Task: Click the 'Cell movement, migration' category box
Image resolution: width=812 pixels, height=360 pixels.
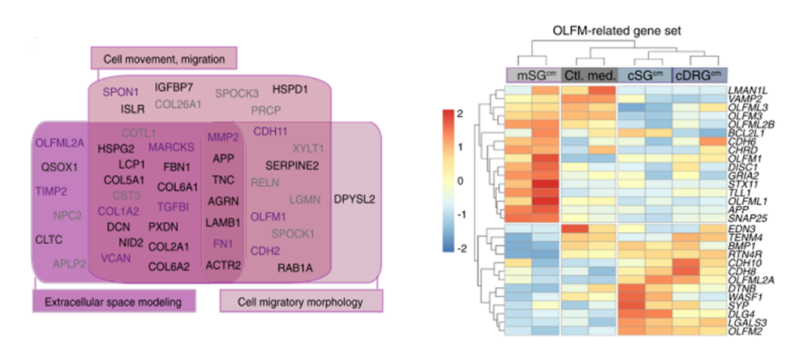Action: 164,57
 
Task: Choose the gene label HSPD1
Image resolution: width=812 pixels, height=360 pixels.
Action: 290,89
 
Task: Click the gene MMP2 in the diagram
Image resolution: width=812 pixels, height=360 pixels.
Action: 223,138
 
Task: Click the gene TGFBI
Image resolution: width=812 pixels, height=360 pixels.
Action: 175,207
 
